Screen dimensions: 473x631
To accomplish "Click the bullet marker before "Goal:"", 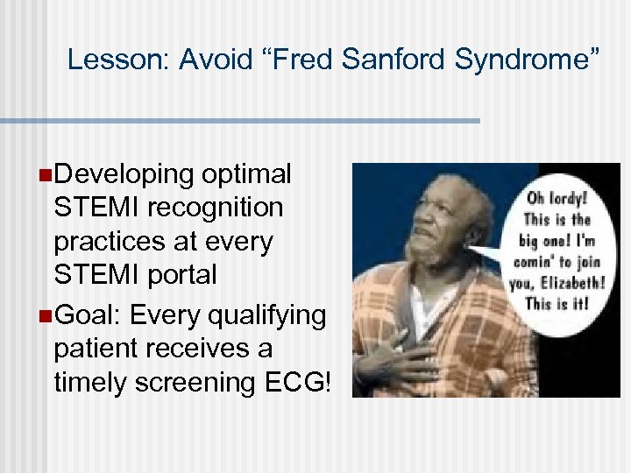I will [46, 314].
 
